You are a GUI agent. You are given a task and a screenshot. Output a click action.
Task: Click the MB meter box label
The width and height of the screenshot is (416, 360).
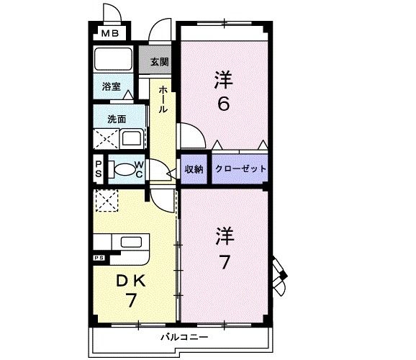[109, 32]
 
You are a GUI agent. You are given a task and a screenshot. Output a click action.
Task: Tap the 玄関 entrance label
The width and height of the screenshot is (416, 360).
[159, 62]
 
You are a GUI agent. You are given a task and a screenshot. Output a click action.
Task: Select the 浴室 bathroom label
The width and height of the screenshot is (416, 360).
[111, 85]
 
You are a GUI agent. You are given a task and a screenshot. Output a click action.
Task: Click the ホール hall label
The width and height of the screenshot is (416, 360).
[163, 99]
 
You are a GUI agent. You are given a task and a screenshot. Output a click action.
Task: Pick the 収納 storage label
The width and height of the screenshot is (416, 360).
[194, 169]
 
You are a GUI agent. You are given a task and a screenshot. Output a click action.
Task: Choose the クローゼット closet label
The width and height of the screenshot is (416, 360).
[240, 169]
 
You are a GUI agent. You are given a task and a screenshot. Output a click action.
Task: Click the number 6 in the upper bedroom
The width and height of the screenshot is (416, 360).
[223, 104]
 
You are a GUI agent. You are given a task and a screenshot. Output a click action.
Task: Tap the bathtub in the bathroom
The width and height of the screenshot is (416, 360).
[112, 58]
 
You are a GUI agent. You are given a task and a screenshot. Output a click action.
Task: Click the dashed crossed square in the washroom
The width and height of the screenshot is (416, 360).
[101, 138]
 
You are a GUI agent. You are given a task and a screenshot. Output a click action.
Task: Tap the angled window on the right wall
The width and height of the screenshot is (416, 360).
[279, 274]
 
